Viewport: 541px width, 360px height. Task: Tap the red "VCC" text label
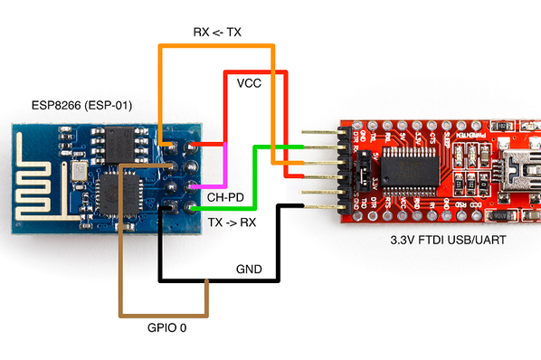tap(250, 83)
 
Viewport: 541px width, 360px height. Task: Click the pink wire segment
tap(224, 163)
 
